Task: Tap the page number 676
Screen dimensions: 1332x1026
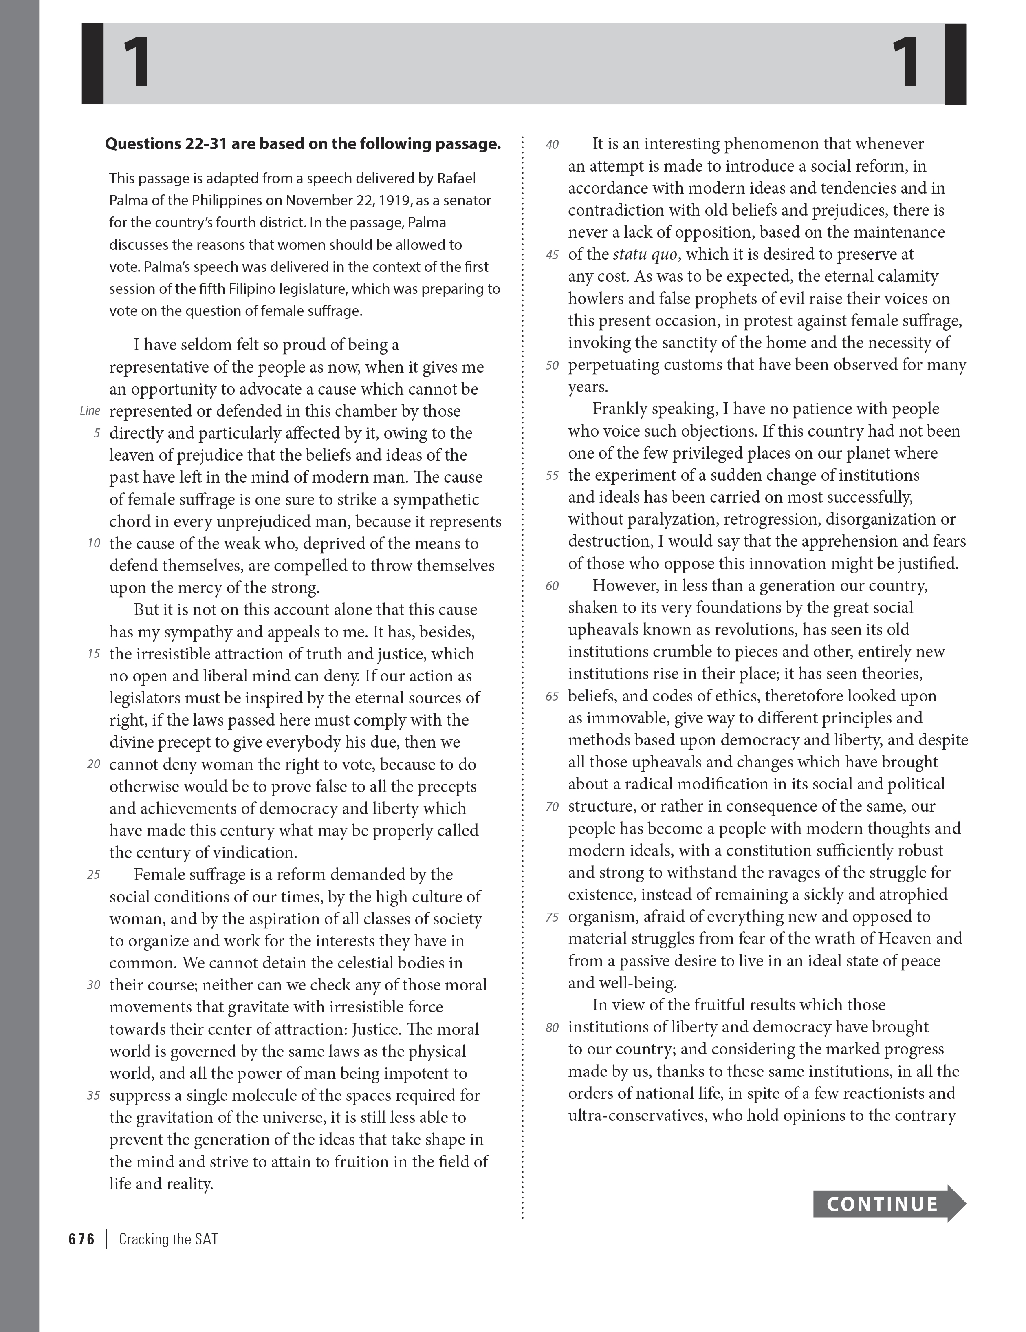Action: pyautogui.click(x=81, y=1239)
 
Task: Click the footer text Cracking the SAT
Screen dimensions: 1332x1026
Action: pyautogui.click(x=168, y=1239)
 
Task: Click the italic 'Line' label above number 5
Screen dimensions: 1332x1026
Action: pyautogui.click(x=90, y=411)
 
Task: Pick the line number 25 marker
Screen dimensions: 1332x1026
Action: pyautogui.click(x=93, y=875)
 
